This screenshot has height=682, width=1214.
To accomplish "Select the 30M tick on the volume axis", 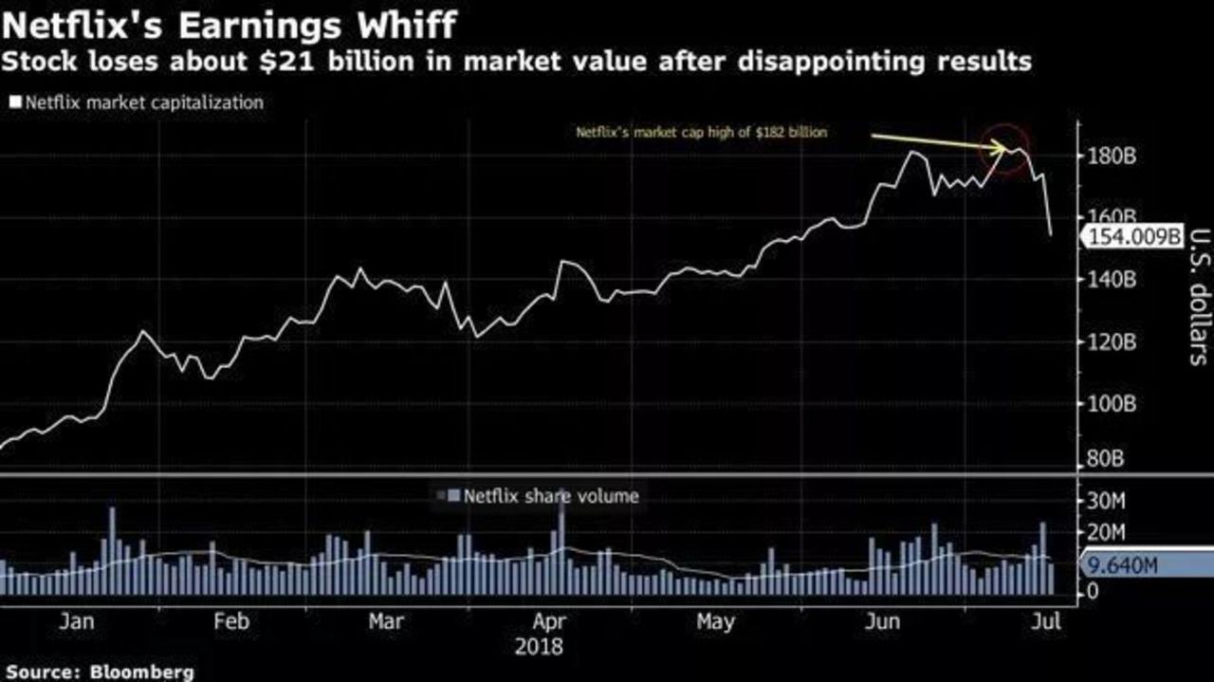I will tap(1105, 499).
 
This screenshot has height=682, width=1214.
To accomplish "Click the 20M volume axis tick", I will tap(1105, 531).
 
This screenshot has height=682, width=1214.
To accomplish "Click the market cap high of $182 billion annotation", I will tap(702, 133).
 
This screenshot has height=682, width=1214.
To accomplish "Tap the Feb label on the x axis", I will tap(231, 621).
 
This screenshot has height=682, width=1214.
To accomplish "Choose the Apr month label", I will tap(550, 621).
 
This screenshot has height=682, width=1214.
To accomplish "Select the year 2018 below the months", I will tap(539, 647).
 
